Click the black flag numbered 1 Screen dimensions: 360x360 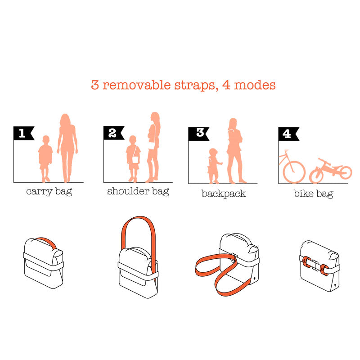[x=23, y=133]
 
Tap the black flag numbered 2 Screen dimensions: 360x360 [x=113, y=133]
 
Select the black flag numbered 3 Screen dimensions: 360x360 [x=198, y=134]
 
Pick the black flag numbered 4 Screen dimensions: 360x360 [x=288, y=134]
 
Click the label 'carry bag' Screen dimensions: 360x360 [x=49, y=192]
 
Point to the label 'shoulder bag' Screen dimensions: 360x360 [x=138, y=191]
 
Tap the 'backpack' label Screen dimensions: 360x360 [x=224, y=194]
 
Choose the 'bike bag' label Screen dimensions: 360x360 [x=314, y=194]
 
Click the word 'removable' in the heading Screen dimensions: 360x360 [x=137, y=85]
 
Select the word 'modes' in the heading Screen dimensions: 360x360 [x=255, y=85]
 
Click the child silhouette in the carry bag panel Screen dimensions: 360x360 [x=45, y=159]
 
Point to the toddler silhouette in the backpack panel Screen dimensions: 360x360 [x=214, y=166]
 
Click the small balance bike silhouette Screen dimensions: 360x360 [x=331, y=171]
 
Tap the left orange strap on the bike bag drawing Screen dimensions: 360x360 [x=307, y=262]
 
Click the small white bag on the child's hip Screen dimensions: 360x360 [x=135, y=160]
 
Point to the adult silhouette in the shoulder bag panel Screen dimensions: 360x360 [x=153, y=147]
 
